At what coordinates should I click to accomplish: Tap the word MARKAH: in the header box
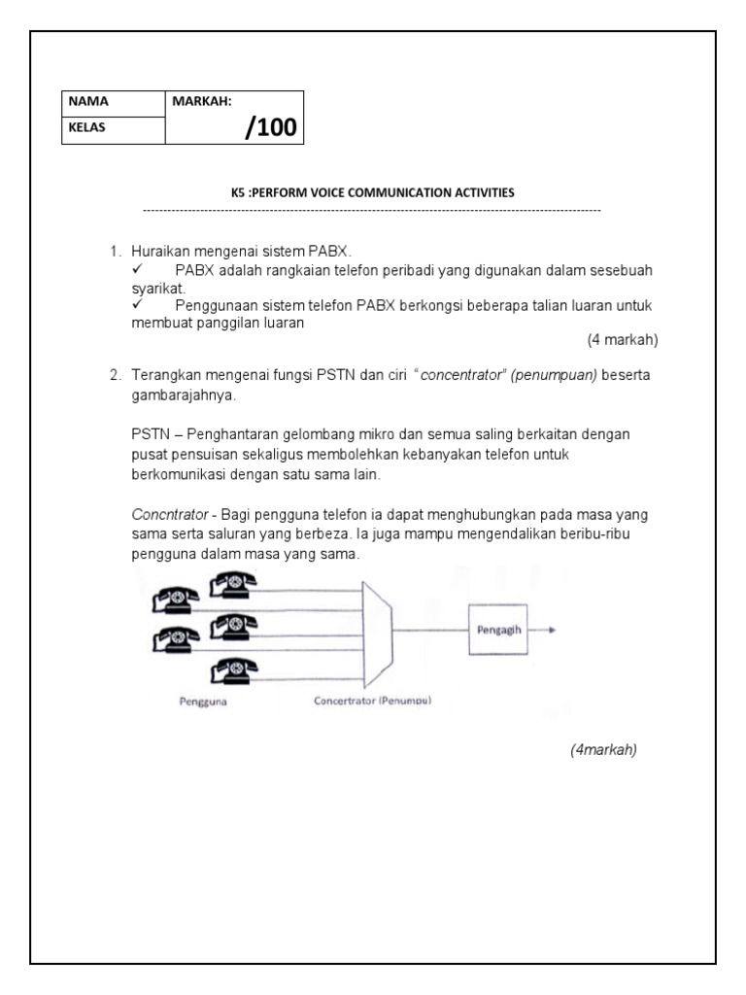(x=202, y=101)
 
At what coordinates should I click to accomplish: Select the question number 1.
(x=115, y=252)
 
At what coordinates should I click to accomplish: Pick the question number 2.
(x=115, y=375)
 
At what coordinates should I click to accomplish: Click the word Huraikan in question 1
(x=159, y=252)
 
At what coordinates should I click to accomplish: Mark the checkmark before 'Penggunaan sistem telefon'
(x=138, y=305)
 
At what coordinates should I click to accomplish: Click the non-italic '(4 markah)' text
(x=623, y=340)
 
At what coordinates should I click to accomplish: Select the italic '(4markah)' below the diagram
(x=603, y=749)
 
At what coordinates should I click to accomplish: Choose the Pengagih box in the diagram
(x=499, y=629)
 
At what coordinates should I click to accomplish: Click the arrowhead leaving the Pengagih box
(x=552, y=629)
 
